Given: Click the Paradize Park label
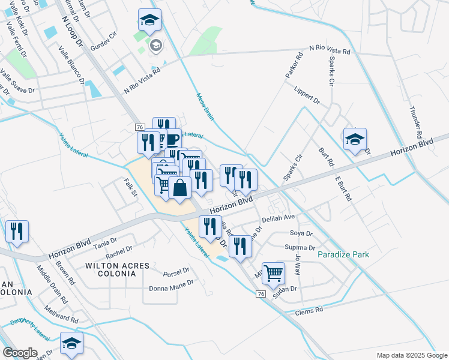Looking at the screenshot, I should point(343,254).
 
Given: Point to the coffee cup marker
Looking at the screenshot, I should point(171,139).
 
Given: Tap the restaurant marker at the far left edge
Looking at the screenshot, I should point(17,231).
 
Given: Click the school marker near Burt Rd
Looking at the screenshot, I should point(355,140).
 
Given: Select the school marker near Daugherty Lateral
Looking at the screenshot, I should point(71,343).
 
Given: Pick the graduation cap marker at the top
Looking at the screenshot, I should point(149,21).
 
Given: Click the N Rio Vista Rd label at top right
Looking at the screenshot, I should point(330,50).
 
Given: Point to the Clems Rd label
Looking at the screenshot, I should point(310,311).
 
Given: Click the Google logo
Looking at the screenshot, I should point(20,353).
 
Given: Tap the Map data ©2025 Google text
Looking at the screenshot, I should point(411,355).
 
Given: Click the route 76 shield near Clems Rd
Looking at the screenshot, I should point(261,293).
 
